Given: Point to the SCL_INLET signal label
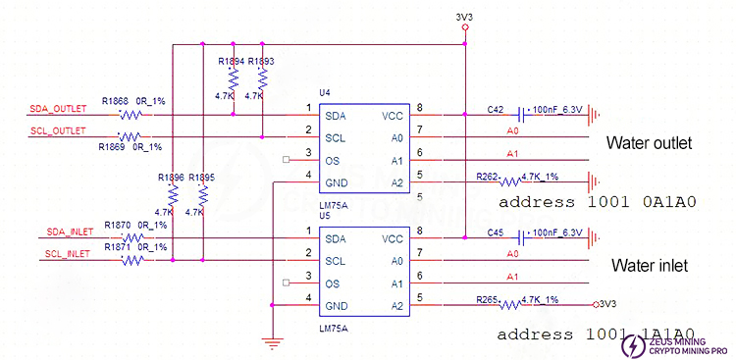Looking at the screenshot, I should pos(67,254).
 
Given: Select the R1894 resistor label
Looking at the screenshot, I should pos(231,61).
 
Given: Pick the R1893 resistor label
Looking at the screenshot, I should pos(261,61).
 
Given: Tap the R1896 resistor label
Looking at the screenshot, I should pos(171,178).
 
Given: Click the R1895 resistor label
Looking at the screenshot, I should pos(201,178).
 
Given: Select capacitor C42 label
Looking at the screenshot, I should pos(496,109).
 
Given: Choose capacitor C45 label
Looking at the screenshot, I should pos(496,233).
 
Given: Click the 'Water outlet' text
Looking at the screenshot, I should pos(649,144).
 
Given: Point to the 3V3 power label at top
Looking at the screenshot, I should pos(464,18).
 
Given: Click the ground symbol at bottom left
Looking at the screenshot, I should pos(268,342).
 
